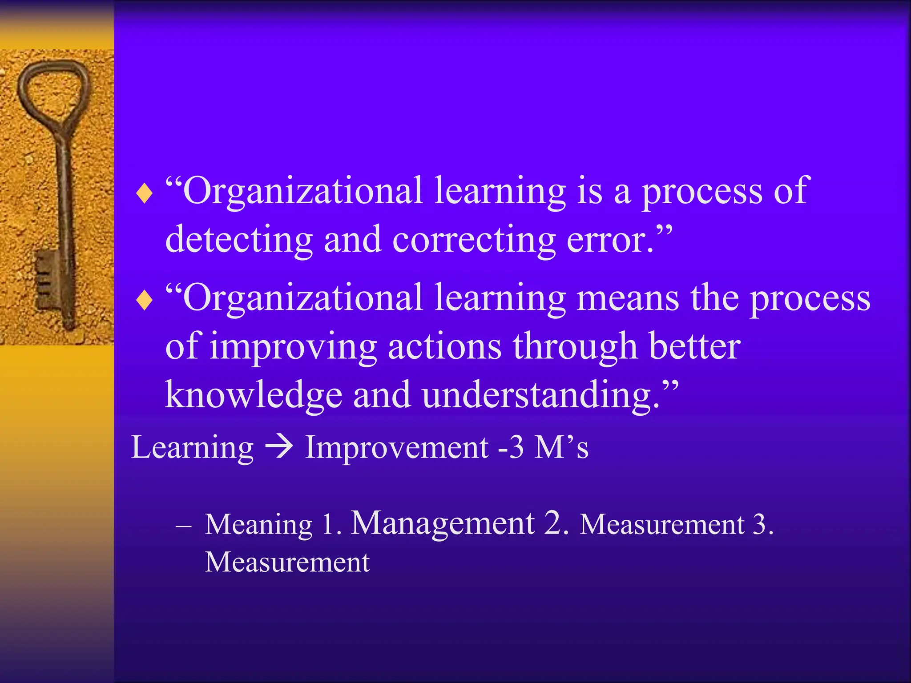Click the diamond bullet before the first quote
tap(144, 194)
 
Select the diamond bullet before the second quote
tap(144, 301)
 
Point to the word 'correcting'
tap(474, 240)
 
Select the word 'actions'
tap(444, 346)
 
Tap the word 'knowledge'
tap(254, 395)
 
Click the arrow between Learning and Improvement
tap(279, 447)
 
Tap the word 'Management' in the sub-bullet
tap(443, 523)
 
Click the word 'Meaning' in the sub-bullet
tap(259, 525)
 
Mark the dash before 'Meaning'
tap(183, 526)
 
